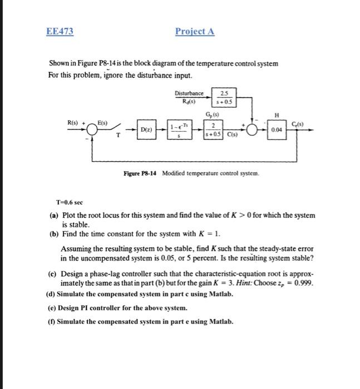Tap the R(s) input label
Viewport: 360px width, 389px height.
point(74,121)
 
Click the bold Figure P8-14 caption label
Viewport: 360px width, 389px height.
point(141,174)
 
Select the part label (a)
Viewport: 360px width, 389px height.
point(53,215)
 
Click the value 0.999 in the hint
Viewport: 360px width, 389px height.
point(304,283)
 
